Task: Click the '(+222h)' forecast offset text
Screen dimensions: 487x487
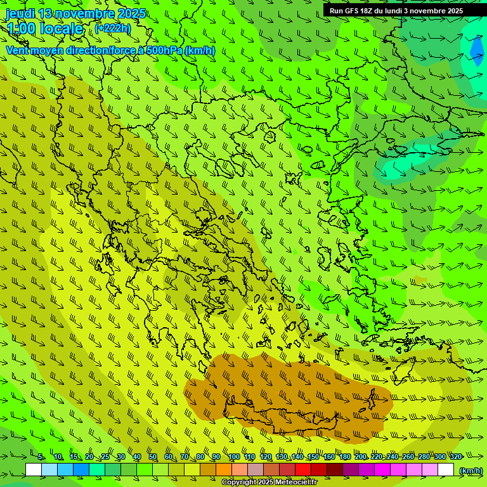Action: pos(112,28)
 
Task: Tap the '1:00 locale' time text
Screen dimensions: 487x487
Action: pos(45,29)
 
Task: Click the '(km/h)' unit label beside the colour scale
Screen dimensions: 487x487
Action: pos(471,471)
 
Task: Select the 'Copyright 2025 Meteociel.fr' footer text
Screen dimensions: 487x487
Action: pos(269,482)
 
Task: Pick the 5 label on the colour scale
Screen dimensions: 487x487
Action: pos(41,457)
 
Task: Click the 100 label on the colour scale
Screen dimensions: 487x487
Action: pos(234,457)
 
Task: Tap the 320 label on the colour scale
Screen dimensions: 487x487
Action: pos(455,457)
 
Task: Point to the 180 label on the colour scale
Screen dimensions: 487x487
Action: pos(344,457)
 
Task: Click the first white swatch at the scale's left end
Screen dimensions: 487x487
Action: pos(34,470)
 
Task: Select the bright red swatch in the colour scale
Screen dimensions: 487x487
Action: pos(303,470)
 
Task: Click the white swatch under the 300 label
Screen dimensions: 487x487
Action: pos(446,470)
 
